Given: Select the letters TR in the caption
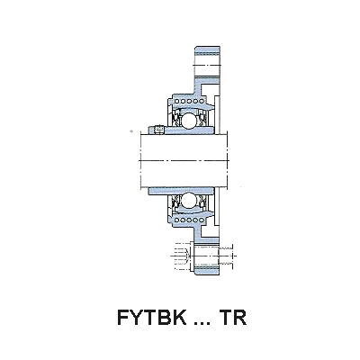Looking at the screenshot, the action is point(233,318).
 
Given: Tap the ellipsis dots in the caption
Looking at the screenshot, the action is point(202,323).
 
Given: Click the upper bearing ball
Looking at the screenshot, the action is point(188,120).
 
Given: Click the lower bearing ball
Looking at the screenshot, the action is point(188,200).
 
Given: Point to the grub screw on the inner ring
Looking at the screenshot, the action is point(158,130).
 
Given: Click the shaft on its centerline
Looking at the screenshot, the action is point(184,160).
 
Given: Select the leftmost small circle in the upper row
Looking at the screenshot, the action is point(177,101).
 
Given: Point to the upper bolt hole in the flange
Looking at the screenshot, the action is point(207,65).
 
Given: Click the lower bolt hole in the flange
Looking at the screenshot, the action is point(207,256).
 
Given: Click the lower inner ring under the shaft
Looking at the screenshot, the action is point(181,191).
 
